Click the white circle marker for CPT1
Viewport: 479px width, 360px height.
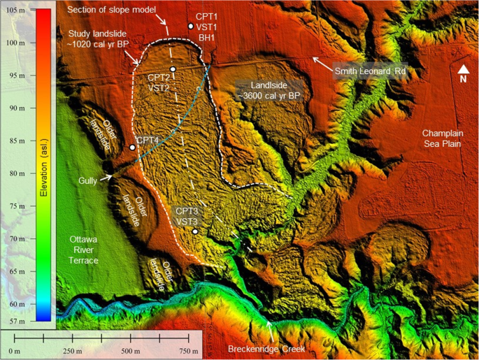(x=190, y=27)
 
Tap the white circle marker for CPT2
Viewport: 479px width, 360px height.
(x=173, y=69)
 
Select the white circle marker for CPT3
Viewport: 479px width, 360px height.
(x=195, y=231)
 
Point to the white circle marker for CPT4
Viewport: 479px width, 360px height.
(x=132, y=147)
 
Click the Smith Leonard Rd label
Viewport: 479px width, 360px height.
(x=370, y=71)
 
